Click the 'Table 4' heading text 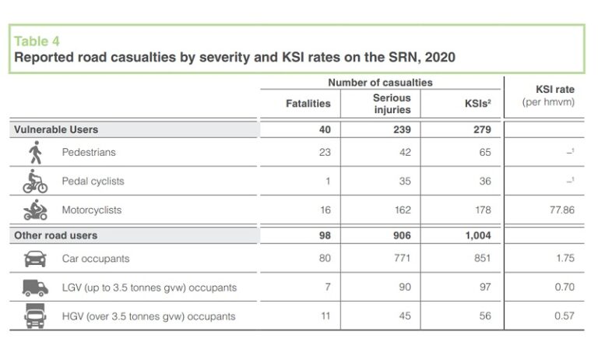[37, 41]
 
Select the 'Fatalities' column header [308, 104]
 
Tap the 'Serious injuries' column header [392, 104]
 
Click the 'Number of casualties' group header [380, 83]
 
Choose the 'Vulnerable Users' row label [56, 129]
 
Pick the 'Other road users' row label [56, 235]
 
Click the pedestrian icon [33, 153]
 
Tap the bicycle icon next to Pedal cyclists [34, 181]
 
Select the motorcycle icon [35, 210]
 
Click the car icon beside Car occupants [35, 259]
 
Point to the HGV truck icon [35, 316]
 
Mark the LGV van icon [35, 288]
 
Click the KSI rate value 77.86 [560, 210]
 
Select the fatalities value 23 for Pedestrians [325, 153]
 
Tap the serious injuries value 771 [402, 259]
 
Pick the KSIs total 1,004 [478, 235]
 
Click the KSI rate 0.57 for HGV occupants [564, 316]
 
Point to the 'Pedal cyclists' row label [93, 182]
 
